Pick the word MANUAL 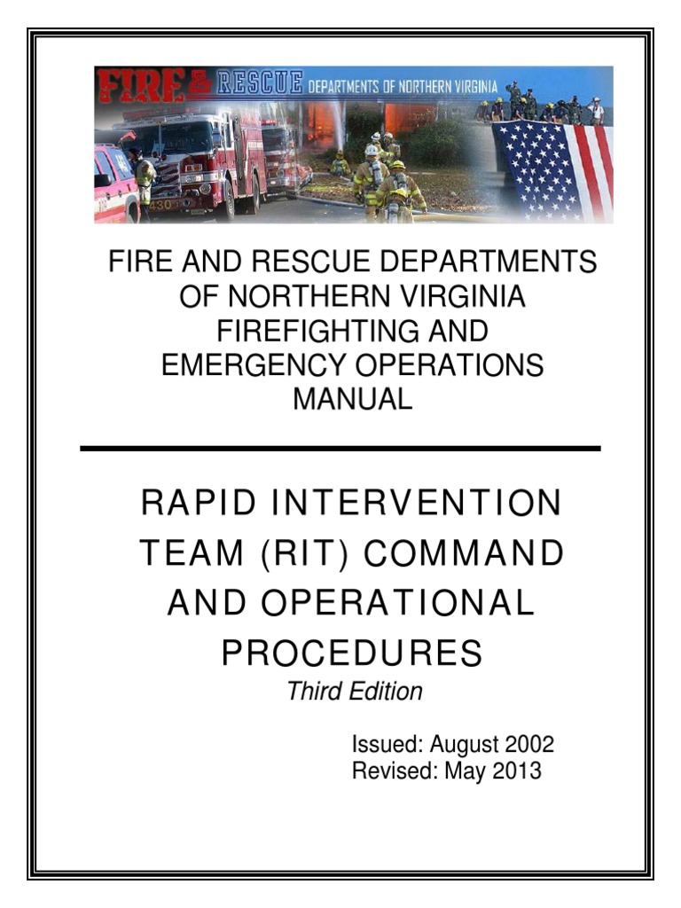click(353, 400)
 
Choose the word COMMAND click(465, 553)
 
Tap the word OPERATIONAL click(397, 603)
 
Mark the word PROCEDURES click(352, 654)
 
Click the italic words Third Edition click(355, 692)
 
